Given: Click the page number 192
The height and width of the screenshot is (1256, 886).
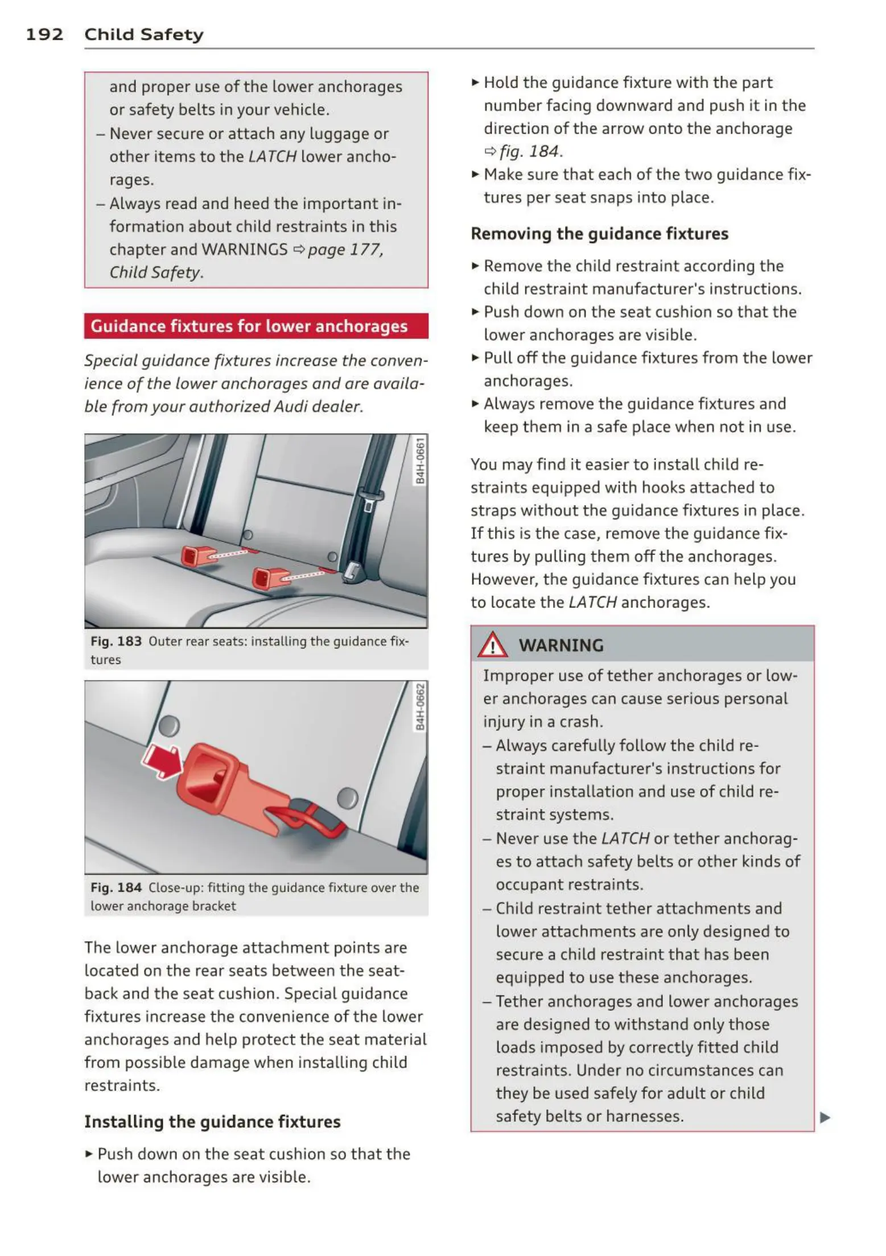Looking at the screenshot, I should [x=44, y=35].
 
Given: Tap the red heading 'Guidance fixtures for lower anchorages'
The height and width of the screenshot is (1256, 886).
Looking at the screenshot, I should [x=249, y=326].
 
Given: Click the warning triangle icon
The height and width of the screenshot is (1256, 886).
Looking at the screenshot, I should [x=492, y=645].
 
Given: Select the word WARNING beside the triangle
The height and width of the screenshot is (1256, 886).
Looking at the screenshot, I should [x=561, y=646].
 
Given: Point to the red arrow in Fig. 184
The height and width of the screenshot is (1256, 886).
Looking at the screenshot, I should [x=162, y=761].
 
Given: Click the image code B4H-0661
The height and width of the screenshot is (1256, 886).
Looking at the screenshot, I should [x=420, y=461].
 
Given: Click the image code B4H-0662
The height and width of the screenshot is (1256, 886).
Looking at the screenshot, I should [x=420, y=707].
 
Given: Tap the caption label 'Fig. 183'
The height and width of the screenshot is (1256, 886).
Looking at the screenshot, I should [x=116, y=642].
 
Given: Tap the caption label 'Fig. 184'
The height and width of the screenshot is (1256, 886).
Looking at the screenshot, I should [x=116, y=888].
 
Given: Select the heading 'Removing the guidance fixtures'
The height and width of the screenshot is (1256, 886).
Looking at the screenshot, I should [x=599, y=234].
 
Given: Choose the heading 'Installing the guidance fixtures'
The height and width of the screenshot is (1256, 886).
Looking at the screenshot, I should [x=212, y=1122].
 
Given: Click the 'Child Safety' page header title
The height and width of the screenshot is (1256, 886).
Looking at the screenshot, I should [x=143, y=35].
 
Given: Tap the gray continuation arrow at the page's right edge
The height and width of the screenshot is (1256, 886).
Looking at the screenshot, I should [x=825, y=1118].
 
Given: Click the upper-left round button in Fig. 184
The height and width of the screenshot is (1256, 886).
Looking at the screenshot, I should [x=168, y=726].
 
